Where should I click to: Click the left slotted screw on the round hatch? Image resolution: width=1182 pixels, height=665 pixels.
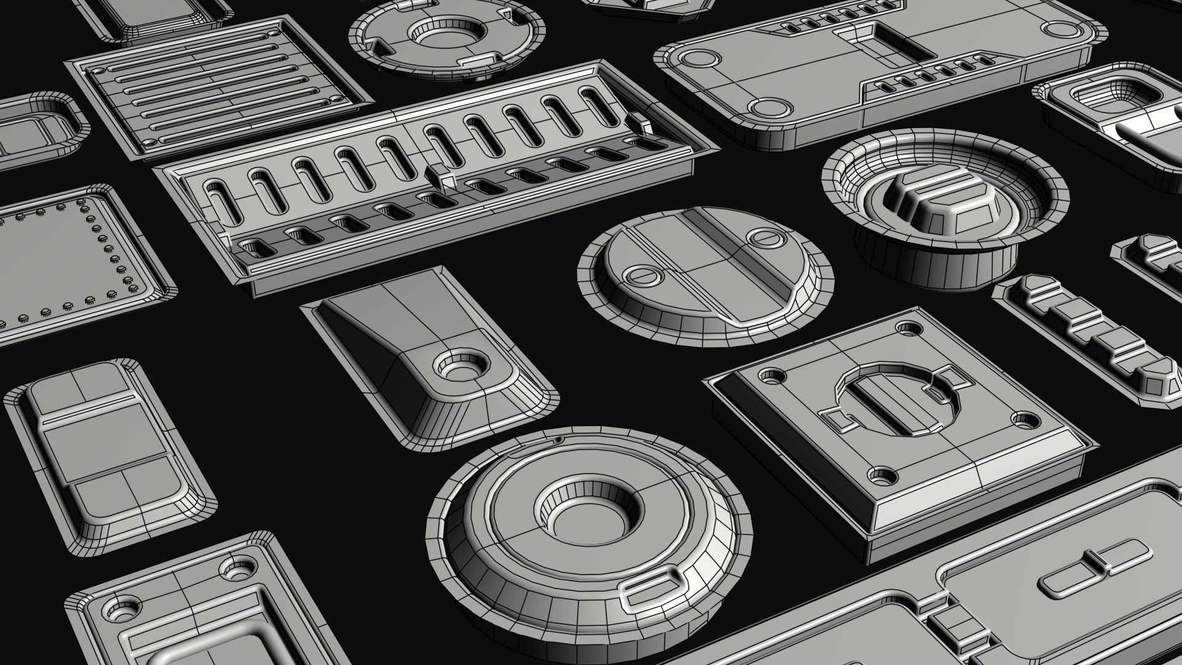point(641,275)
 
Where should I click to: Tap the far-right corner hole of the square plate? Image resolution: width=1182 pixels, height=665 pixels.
point(907,327)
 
